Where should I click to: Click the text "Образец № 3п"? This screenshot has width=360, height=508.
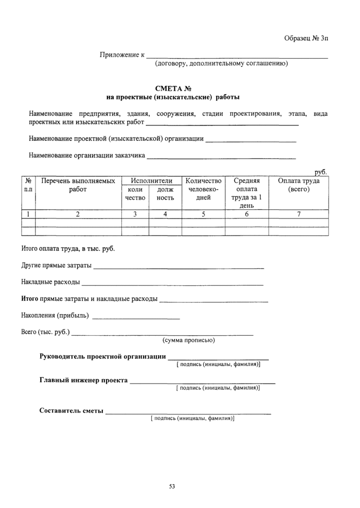click(x=305, y=39)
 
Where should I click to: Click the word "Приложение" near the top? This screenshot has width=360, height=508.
click(x=119, y=55)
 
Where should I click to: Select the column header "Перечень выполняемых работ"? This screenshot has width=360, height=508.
click(x=78, y=185)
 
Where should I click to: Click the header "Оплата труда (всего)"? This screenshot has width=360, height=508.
click(x=299, y=185)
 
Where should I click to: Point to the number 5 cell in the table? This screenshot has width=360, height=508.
click(x=203, y=214)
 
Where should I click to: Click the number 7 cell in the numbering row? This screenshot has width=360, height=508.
click(x=299, y=214)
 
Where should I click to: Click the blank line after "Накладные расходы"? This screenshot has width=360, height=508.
click(x=172, y=283)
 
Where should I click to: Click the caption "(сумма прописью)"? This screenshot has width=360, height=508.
click(x=189, y=340)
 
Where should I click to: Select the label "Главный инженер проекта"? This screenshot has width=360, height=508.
click(x=84, y=381)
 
